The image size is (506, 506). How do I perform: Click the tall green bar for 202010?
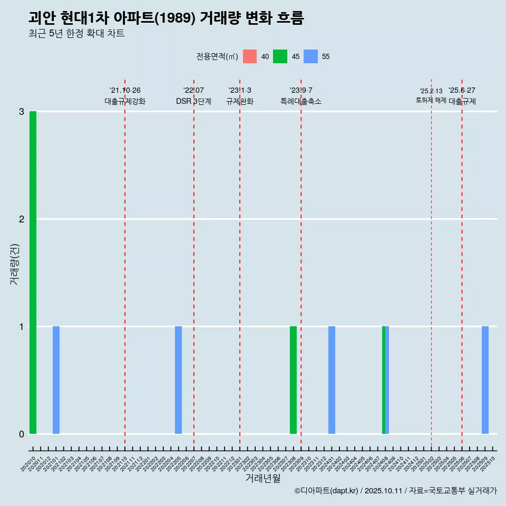[x=33, y=273]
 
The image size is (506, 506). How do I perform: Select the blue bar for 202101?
[x=56, y=380]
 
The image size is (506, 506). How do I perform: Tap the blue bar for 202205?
[x=178, y=380]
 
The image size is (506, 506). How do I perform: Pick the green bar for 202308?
[x=293, y=380]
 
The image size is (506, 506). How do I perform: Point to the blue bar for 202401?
[x=332, y=380]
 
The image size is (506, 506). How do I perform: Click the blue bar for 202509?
[x=485, y=380]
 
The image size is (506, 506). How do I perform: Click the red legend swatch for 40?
[x=250, y=56]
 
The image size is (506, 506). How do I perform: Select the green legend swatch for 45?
[x=280, y=56]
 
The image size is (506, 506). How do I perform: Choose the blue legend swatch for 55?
[x=311, y=56]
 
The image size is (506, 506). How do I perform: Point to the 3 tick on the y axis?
[x=22, y=112]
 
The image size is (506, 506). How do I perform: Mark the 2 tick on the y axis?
[x=22, y=219]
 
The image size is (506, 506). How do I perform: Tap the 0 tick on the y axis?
[x=22, y=434]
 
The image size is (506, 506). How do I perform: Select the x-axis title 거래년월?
[x=263, y=478]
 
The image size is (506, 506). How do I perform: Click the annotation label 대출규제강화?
[x=125, y=101]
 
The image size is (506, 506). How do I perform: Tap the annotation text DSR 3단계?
[x=193, y=101]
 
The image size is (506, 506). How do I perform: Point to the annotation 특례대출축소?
[x=301, y=101]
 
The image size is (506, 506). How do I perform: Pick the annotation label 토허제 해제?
[x=431, y=100]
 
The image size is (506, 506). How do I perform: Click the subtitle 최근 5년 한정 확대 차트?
[x=76, y=34]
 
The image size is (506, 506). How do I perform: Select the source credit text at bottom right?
[x=395, y=491]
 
